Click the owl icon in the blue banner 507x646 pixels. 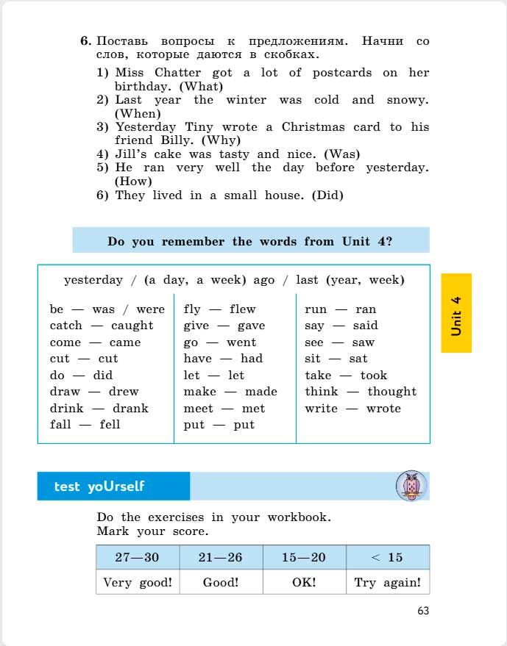[411, 486]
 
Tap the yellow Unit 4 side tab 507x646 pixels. [456, 313]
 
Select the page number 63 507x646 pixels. [422, 611]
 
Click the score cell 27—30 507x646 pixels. [137, 557]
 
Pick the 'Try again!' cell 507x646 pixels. [388, 582]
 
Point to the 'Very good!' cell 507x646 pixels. [138, 582]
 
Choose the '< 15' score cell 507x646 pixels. [387, 557]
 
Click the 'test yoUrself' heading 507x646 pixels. [99, 487]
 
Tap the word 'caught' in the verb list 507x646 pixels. [132, 326]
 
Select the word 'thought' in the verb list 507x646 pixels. [391, 392]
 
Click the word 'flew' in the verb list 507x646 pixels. [242, 309]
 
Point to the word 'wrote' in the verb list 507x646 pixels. [383, 409]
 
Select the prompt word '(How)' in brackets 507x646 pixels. [133, 181]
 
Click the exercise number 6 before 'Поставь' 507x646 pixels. [85, 41]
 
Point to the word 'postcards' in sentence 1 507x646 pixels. [342, 73]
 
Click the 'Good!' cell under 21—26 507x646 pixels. [221, 582]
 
